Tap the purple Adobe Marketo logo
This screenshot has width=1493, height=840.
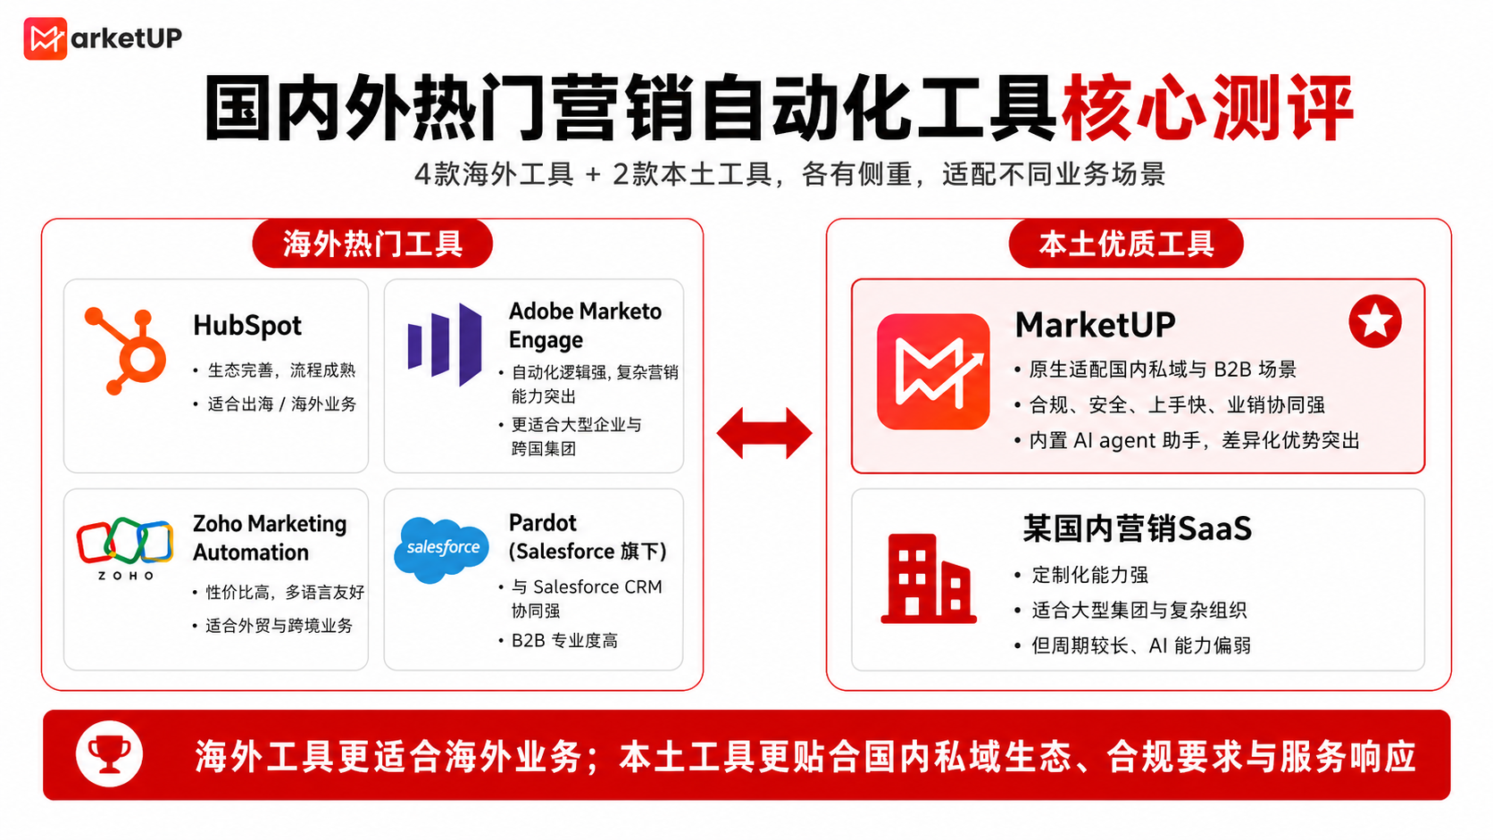click(x=445, y=345)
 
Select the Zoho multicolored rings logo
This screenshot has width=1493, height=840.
click(x=125, y=547)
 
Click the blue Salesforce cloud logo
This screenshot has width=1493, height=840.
click(x=441, y=549)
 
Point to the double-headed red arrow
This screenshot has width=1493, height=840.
click(x=764, y=434)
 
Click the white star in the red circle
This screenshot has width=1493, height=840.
click(x=1375, y=321)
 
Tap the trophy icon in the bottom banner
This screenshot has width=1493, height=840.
click(x=109, y=754)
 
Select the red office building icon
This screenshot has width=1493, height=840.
click(x=929, y=578)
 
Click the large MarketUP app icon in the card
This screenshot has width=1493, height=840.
click(x=933, y=371)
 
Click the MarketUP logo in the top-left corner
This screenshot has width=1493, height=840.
click(x=103, y=38)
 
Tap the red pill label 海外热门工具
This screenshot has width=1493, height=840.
click(x=372, y=244)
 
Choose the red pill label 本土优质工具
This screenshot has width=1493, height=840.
click(x=1126, y=244)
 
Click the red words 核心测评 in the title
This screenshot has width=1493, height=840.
click(x=1208, y=109)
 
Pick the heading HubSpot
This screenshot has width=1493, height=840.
click(x=247, y=326)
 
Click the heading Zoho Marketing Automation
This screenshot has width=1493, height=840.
click(x=270, y=538)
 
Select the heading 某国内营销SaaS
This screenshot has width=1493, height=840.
click(x=1138, y=529)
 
